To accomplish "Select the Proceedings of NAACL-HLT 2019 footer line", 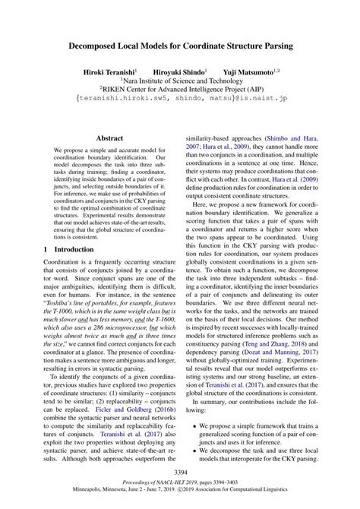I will pyautogui.click(x=179, y=482).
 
